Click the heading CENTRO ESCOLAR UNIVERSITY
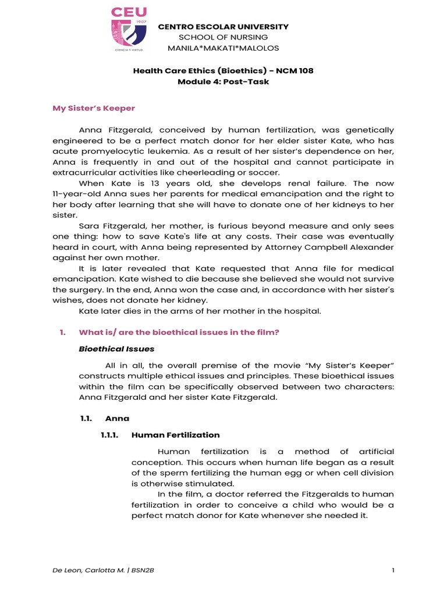(223, 27)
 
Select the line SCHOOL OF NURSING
(223, 37)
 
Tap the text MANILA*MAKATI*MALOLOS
(223, 48)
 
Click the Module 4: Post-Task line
(223, 81)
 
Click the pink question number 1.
(62, 332)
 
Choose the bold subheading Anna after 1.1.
(117, 418)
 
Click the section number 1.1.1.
(110, 435)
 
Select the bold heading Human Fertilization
(176, 435)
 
